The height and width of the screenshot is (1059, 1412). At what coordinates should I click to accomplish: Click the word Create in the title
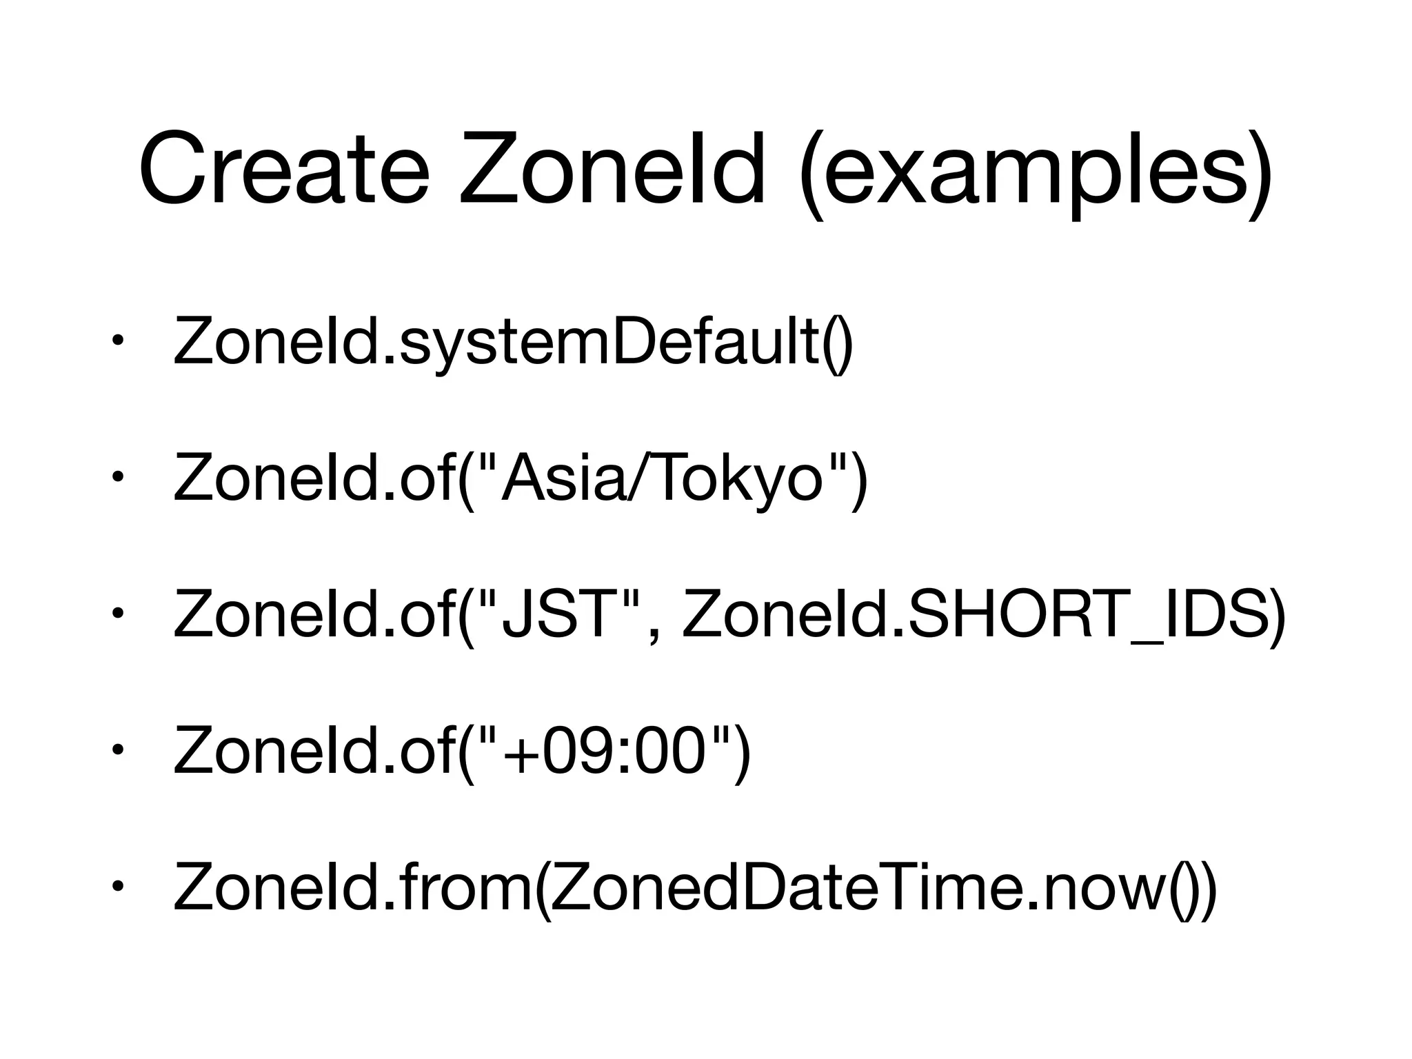pos(283,168)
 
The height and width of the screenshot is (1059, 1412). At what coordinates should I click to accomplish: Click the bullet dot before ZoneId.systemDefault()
pos(119,340)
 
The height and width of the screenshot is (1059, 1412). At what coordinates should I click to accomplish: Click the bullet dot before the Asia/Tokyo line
pos(119,476)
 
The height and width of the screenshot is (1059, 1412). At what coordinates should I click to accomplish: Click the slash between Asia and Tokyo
pos(635,478)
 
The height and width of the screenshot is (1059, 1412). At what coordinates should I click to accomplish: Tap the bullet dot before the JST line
pos(119,612)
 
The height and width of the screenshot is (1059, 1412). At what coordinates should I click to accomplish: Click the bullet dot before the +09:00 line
pos(119,749)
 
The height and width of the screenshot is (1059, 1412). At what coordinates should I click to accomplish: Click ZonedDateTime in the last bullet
pos(783,885)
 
